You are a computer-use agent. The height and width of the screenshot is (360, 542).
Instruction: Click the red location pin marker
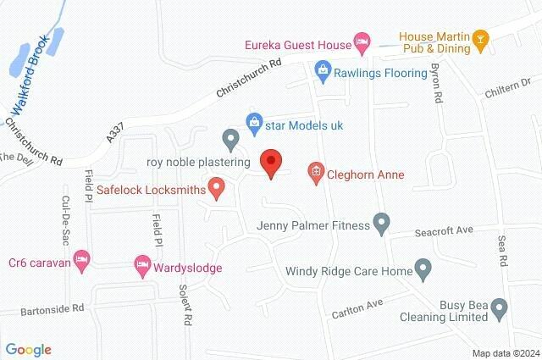click(x=270, y=162)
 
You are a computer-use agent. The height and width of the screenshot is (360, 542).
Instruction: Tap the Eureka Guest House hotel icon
click(x=362, y=40)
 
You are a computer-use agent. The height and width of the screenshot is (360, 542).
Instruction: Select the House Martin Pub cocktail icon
click(x=480, y=38)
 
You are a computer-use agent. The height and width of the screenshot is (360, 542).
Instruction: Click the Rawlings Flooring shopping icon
click(x=322, y=69)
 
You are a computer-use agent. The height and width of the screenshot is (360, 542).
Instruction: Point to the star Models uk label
click(x=304, y=125)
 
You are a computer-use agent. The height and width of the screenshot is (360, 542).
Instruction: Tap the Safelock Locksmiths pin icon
click(x=217, y=187)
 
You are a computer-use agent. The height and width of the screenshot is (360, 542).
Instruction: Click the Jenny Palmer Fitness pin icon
click(x=382, y=224)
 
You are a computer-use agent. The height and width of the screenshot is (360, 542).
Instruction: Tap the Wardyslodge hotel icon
click(x=142, y=267)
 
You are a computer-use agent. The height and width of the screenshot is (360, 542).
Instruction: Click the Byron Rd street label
click(x=437, y=84)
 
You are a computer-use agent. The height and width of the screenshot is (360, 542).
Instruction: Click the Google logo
click(x=29, y=349)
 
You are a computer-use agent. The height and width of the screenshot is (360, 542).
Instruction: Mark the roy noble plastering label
click(x=197, y=161)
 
